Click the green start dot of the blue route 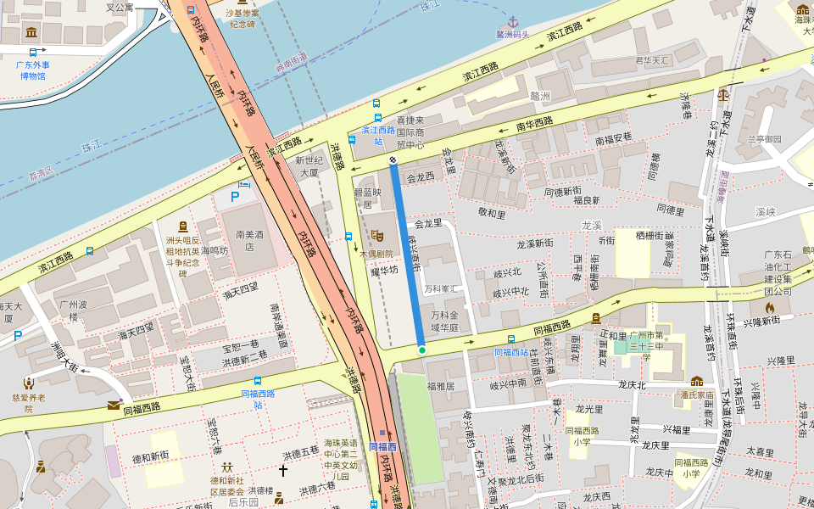coord(421,350)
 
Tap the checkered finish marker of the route coord(393,159)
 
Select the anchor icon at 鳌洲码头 coord(512,20)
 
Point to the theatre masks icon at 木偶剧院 coord(377,236)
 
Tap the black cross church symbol coord(283,469)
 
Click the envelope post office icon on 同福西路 coord(114,405)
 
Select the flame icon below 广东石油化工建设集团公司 coord(770,307)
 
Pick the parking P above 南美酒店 coord(236,197)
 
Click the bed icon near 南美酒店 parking coord(245,183)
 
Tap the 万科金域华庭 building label coord(443,321)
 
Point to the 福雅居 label coord(442,385)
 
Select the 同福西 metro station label coord(382,446)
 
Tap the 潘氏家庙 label coord(697,394)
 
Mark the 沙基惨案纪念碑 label coord(243,19)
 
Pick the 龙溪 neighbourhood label coord(591,225)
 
